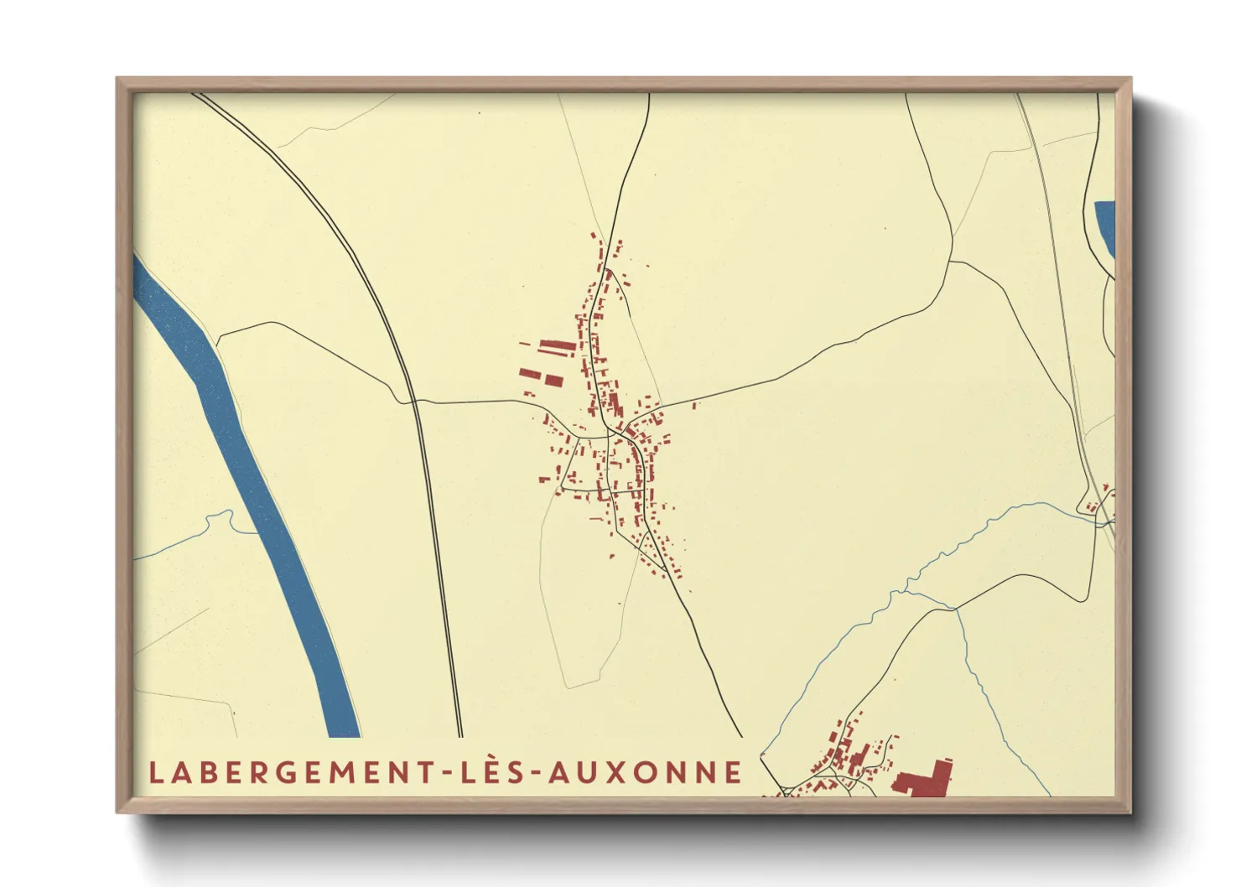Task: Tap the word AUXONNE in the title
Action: pyautogui.click(x=646, y=772)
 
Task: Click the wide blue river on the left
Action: pyautogui.click(x=252, y=486)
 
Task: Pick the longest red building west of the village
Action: pyautogui.click(x=554, y=345)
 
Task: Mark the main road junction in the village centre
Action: pyautogui.click(x=625, y=433)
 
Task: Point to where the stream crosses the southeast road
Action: pyautogui.click(x=954, y=608)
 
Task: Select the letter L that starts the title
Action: pyautogui.click(x=155, y=772)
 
